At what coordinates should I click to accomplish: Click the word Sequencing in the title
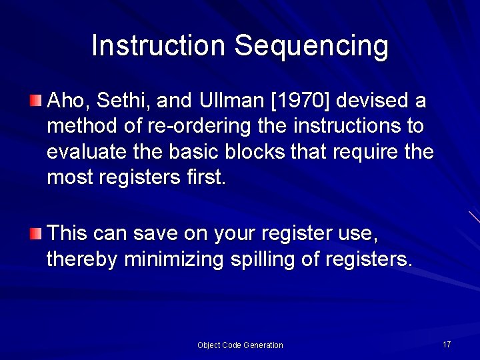[311, 47]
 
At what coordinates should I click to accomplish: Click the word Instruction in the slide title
[159, 45]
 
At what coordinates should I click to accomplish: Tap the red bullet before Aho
[35, 101]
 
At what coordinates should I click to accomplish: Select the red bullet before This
[35, 233]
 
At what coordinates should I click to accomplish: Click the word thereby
[83, 259]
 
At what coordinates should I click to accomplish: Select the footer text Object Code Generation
[240, 345]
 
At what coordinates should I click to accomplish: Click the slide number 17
[447, 344]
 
